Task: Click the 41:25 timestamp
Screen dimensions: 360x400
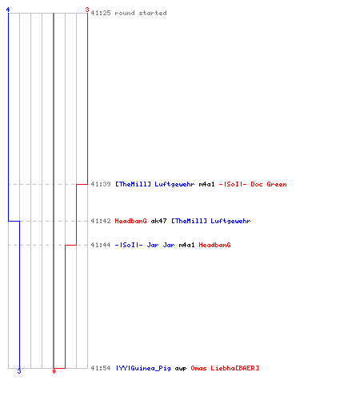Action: point(101,13)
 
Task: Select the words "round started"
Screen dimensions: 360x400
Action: point(141,13)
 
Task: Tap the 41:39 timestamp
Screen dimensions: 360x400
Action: point(101,184)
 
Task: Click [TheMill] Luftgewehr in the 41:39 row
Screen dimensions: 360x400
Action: point(155,184)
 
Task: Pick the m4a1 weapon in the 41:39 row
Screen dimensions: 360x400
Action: point(206,184)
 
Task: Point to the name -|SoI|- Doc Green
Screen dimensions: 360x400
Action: point(253,184)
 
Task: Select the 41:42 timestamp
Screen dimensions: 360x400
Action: point(101,221)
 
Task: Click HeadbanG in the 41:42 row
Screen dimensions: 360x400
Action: point(130,221)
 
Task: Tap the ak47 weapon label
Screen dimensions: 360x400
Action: point(159,221)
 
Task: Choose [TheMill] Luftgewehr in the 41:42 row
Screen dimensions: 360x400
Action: point(211,221)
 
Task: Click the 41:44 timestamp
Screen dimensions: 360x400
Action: point(101,245)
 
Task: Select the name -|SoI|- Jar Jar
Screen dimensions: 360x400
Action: point(145,245)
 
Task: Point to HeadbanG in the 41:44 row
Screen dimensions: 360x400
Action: point(215,245)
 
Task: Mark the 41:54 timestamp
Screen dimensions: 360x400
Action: point(101,368)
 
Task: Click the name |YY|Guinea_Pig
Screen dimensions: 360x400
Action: point(143,368)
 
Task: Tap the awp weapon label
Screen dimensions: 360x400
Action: point(181,369)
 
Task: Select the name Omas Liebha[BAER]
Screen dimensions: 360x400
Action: point(225,368)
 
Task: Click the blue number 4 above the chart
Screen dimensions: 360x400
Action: point(8,10)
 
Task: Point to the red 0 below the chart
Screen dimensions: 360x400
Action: point(54,371)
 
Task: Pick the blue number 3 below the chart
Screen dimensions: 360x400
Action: point(19,371)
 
